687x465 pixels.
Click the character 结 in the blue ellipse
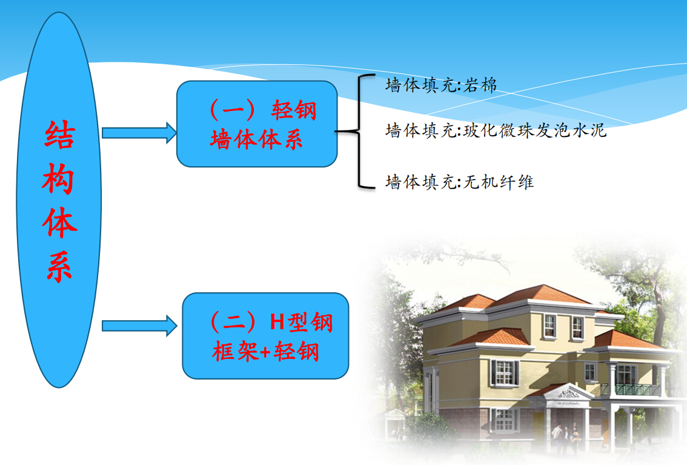59,134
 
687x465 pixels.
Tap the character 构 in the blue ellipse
59,179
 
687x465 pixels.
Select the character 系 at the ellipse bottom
59,267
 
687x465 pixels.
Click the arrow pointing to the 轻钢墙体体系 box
139,133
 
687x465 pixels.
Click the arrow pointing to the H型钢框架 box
139,326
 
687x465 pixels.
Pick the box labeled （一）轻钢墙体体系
257,124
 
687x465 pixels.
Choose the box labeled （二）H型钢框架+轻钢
265,336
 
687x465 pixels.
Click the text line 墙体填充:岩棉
441,85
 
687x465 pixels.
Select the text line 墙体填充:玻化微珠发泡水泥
496,130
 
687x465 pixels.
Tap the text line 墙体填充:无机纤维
460,182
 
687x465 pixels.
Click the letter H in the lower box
277,322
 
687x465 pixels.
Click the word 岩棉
480,85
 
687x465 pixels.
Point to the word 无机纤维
499,182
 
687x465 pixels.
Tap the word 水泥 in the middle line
589,130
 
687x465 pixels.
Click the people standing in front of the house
565,438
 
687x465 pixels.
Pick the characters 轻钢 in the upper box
294,110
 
